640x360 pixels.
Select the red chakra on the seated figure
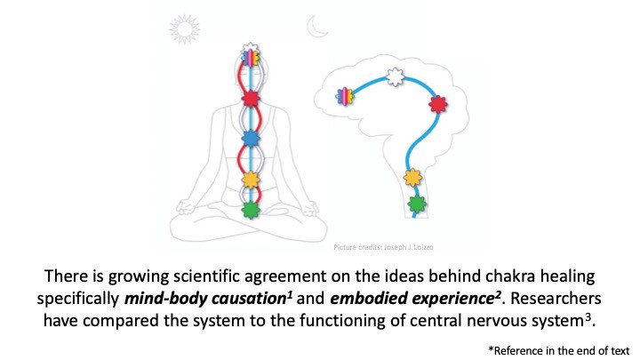click(251, 98)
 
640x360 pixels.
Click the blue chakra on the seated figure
click(251, 138)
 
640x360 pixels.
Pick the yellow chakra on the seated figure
click(251, 180)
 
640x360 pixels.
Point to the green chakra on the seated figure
click(251, 211)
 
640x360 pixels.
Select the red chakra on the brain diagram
click(436, 105)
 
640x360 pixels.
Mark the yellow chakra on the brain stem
click(412, 178)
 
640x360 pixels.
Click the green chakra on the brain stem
click(415, 204)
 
